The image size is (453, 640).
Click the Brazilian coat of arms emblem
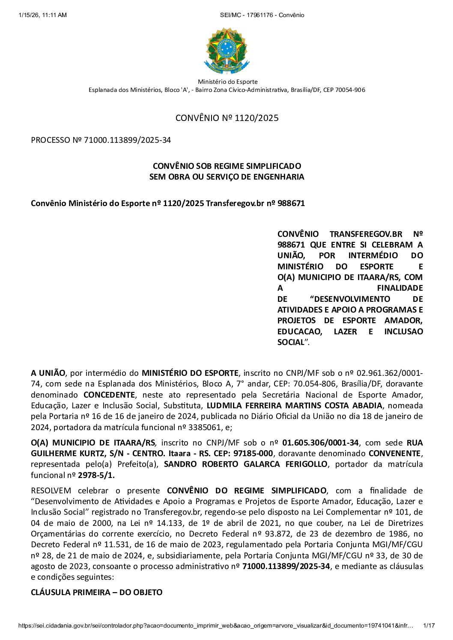coord(226,51)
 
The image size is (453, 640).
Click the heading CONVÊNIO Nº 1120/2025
coord(227,118)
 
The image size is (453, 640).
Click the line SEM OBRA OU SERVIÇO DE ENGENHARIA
coord(226,177)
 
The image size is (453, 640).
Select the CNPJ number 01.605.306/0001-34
coord(320,442)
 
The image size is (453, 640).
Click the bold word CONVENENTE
coord(395,453)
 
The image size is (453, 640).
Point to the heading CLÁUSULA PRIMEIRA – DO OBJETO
coord(97,592)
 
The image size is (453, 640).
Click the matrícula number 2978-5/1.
coord(96,475)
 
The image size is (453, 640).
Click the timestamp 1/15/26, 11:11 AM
coord(43,15)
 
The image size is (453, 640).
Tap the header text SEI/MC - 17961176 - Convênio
coord(262,15)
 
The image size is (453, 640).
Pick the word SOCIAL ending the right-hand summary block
coord(291,342)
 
